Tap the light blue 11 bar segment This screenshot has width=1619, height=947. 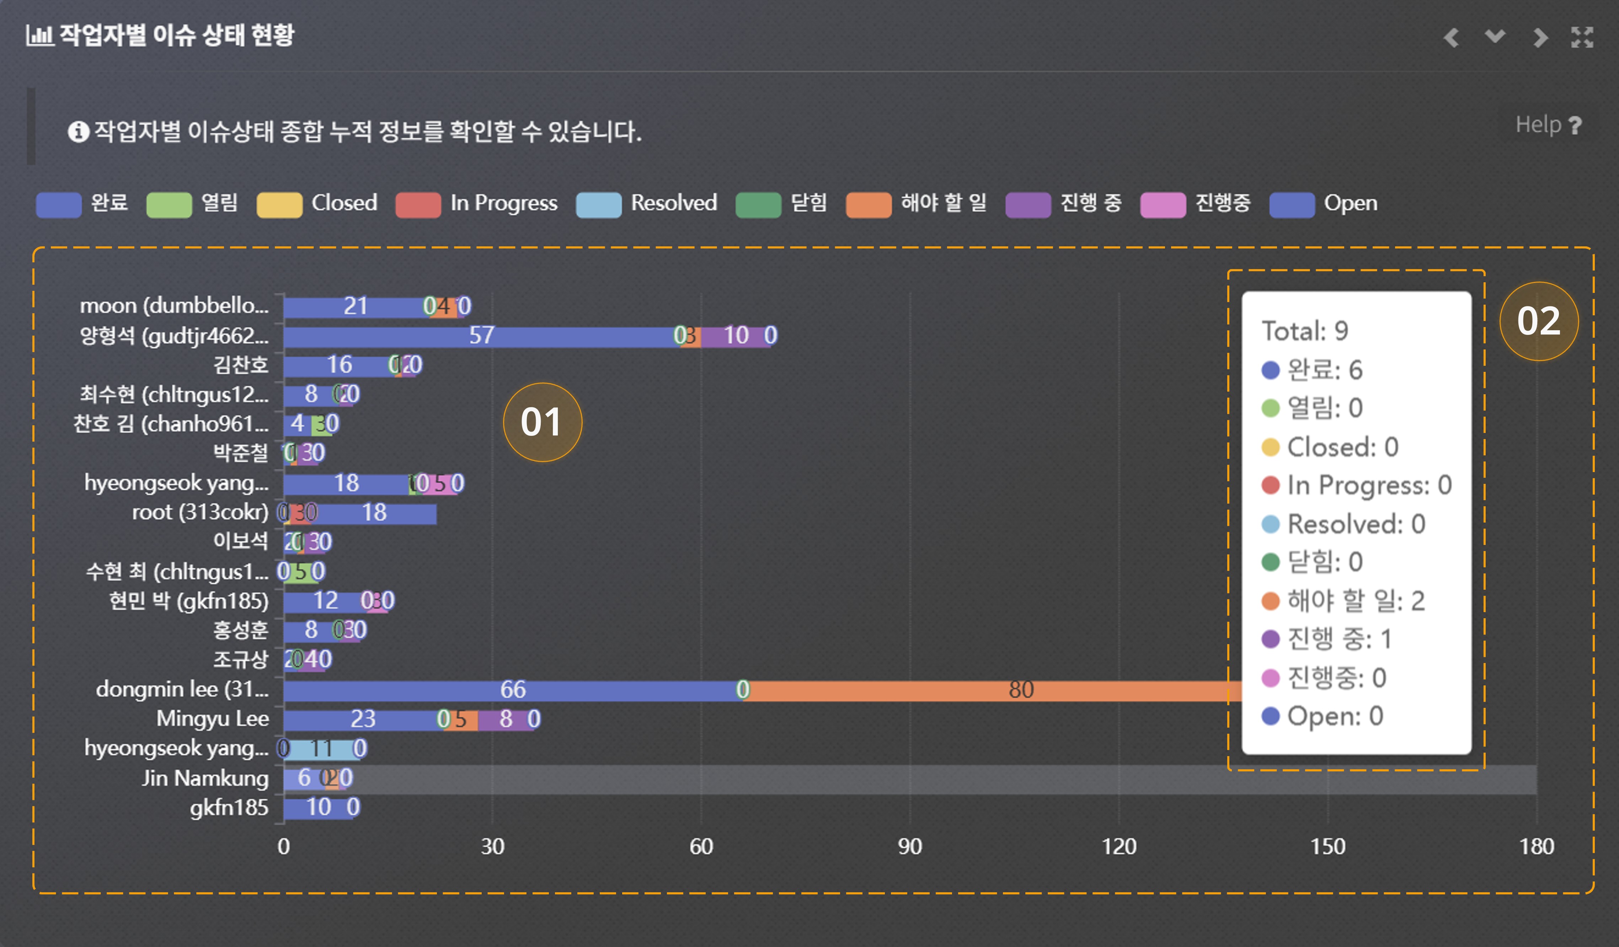click(x=321, y=749)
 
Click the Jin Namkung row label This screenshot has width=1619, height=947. click(x=205, y=779)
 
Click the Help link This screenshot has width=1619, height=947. click(x=1548, y=125)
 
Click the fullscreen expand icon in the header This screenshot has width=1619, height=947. click(x=1582, y=37)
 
